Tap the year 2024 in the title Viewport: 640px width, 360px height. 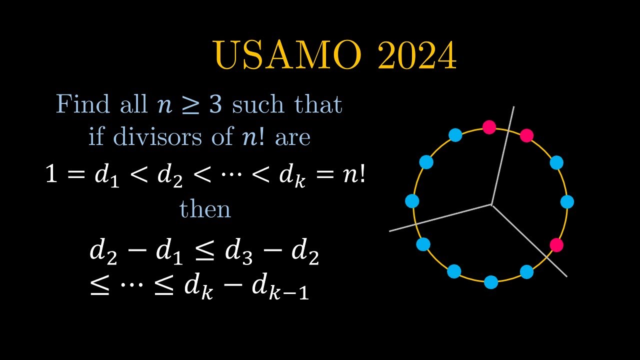pos(417,55)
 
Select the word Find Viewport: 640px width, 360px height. pos(82,104)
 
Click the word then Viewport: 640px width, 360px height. pos(205,209)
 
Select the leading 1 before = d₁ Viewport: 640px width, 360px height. pos(50,175)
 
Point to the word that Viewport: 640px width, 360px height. pos(318,104)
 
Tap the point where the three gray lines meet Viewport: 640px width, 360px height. pos(491,204)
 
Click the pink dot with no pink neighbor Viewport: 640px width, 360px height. pos(556,245)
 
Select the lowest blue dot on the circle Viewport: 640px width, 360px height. pos(491,282)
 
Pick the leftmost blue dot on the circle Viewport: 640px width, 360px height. pos(412,201)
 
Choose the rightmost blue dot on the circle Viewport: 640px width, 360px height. pos(567,201)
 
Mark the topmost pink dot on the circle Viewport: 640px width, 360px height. pos(489,127)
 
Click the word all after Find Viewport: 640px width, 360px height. pos(130,104)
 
